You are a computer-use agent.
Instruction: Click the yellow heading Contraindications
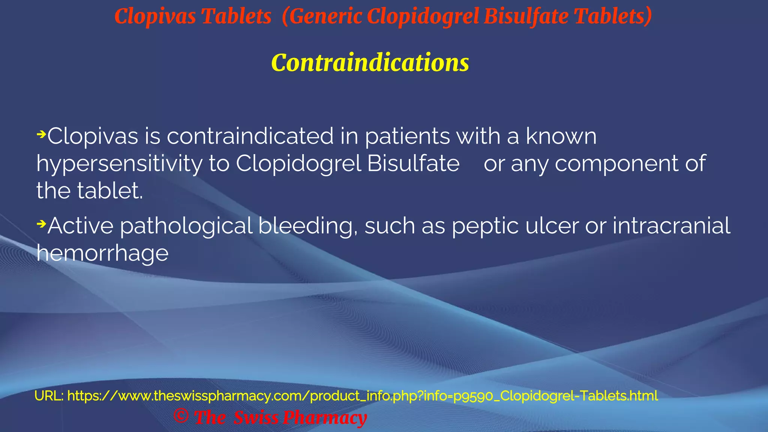coord(370,62)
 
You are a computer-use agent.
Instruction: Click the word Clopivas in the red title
coord(155,16)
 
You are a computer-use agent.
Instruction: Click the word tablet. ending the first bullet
coord(110,191)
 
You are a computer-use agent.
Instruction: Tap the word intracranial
coord(671,226)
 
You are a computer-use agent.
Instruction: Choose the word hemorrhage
coord(102,253)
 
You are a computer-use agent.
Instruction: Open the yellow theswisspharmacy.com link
coord(362,396)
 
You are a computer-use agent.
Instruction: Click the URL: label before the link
coord(49,396)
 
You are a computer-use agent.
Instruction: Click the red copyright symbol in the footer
coord(181,416)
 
